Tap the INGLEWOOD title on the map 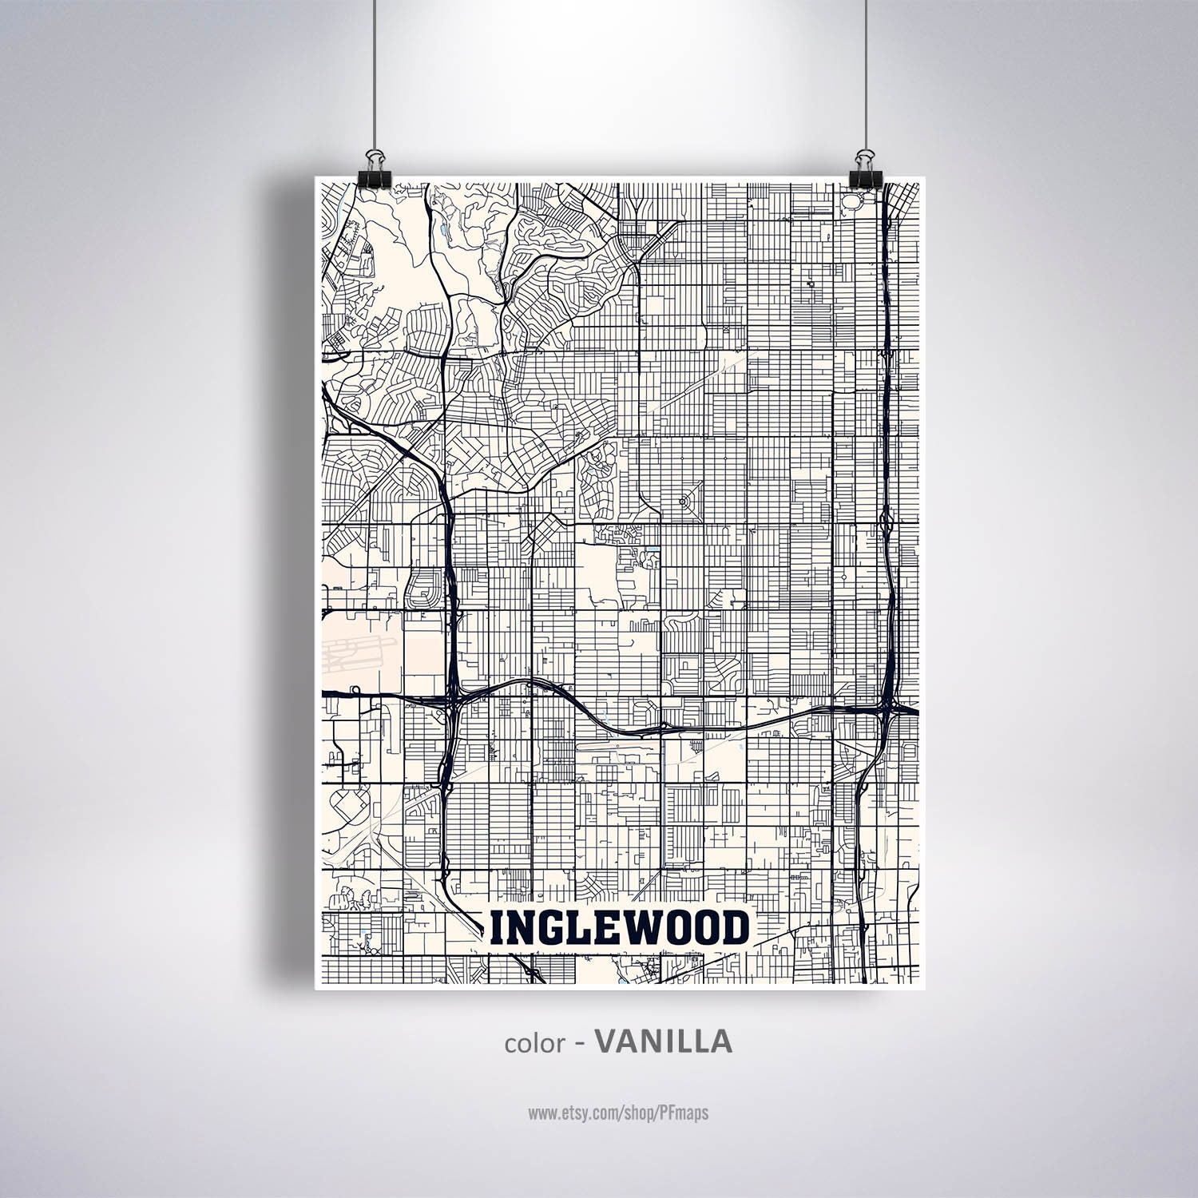point(619,929)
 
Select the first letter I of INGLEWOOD point(497,929)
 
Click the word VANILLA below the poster point(663,1041)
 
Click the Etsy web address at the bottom point(617,1113)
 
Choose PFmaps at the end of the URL point(684,1113)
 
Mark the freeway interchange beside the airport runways point(450,703)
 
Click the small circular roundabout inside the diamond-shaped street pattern point(683,502)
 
